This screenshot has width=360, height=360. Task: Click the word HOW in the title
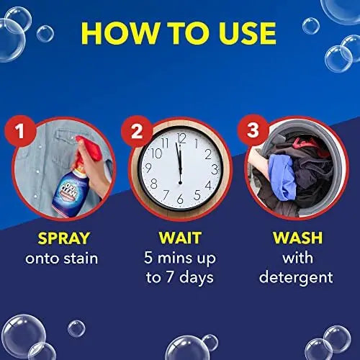122,34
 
